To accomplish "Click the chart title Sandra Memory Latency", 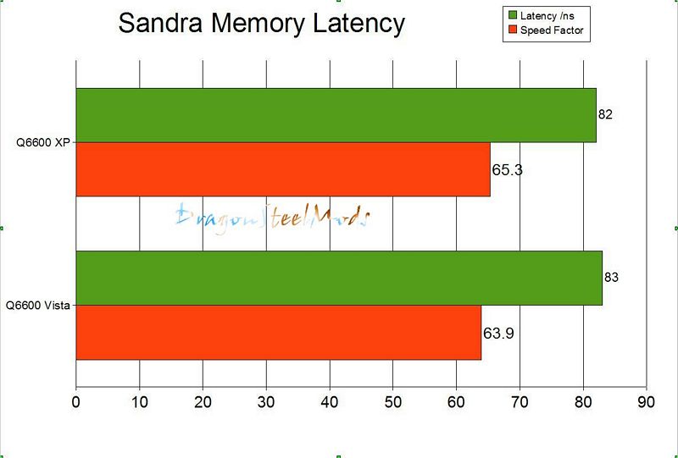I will click(261, 23).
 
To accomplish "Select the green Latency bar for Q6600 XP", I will click(336, 115).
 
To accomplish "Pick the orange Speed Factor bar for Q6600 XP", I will click(283, 169).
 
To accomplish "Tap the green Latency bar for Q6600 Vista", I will click(339, 278).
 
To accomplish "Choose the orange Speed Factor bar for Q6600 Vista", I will click(279, 332).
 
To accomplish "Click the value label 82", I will click(605, 114).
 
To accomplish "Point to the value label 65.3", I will click(507, 169).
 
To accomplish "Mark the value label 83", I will click(612, 277).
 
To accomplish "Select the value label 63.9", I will click(498, 333).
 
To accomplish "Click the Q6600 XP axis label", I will click(43, 143).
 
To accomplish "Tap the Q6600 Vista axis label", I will click(38, 305).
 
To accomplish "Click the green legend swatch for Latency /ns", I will click(513, 14).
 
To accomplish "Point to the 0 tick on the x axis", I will click(76, 402).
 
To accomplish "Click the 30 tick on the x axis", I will click(266, 402).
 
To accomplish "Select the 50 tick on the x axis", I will click(393, 402).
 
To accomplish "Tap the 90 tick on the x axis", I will click(647, 402).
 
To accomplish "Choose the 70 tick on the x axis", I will click(520, 402).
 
